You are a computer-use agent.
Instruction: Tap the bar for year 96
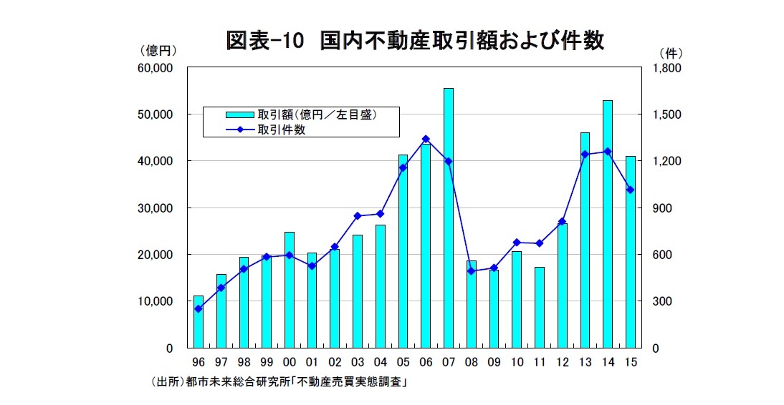pyautogui.click(x=199, y=321)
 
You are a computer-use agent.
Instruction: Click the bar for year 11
pyautogui.click(x=540, y=307)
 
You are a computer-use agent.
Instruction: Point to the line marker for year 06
pyautogui.click(x=426, y=139)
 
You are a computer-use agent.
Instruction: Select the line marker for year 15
pyautogui.click(x=630, y=190)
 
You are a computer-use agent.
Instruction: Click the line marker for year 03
pyautogui.click(x=358, y=215)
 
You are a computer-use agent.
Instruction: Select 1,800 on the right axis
pyautogui.click(x=666, y=68)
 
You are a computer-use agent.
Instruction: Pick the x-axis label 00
pyautogui.click(x=290, y=363)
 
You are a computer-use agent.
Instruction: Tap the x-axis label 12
pyautogui.click(x=563, y=363)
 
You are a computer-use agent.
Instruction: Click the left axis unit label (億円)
pyautogui.click(x=158, y=52)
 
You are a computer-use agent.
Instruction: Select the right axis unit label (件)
pyautogui.click(x=669, y=52)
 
